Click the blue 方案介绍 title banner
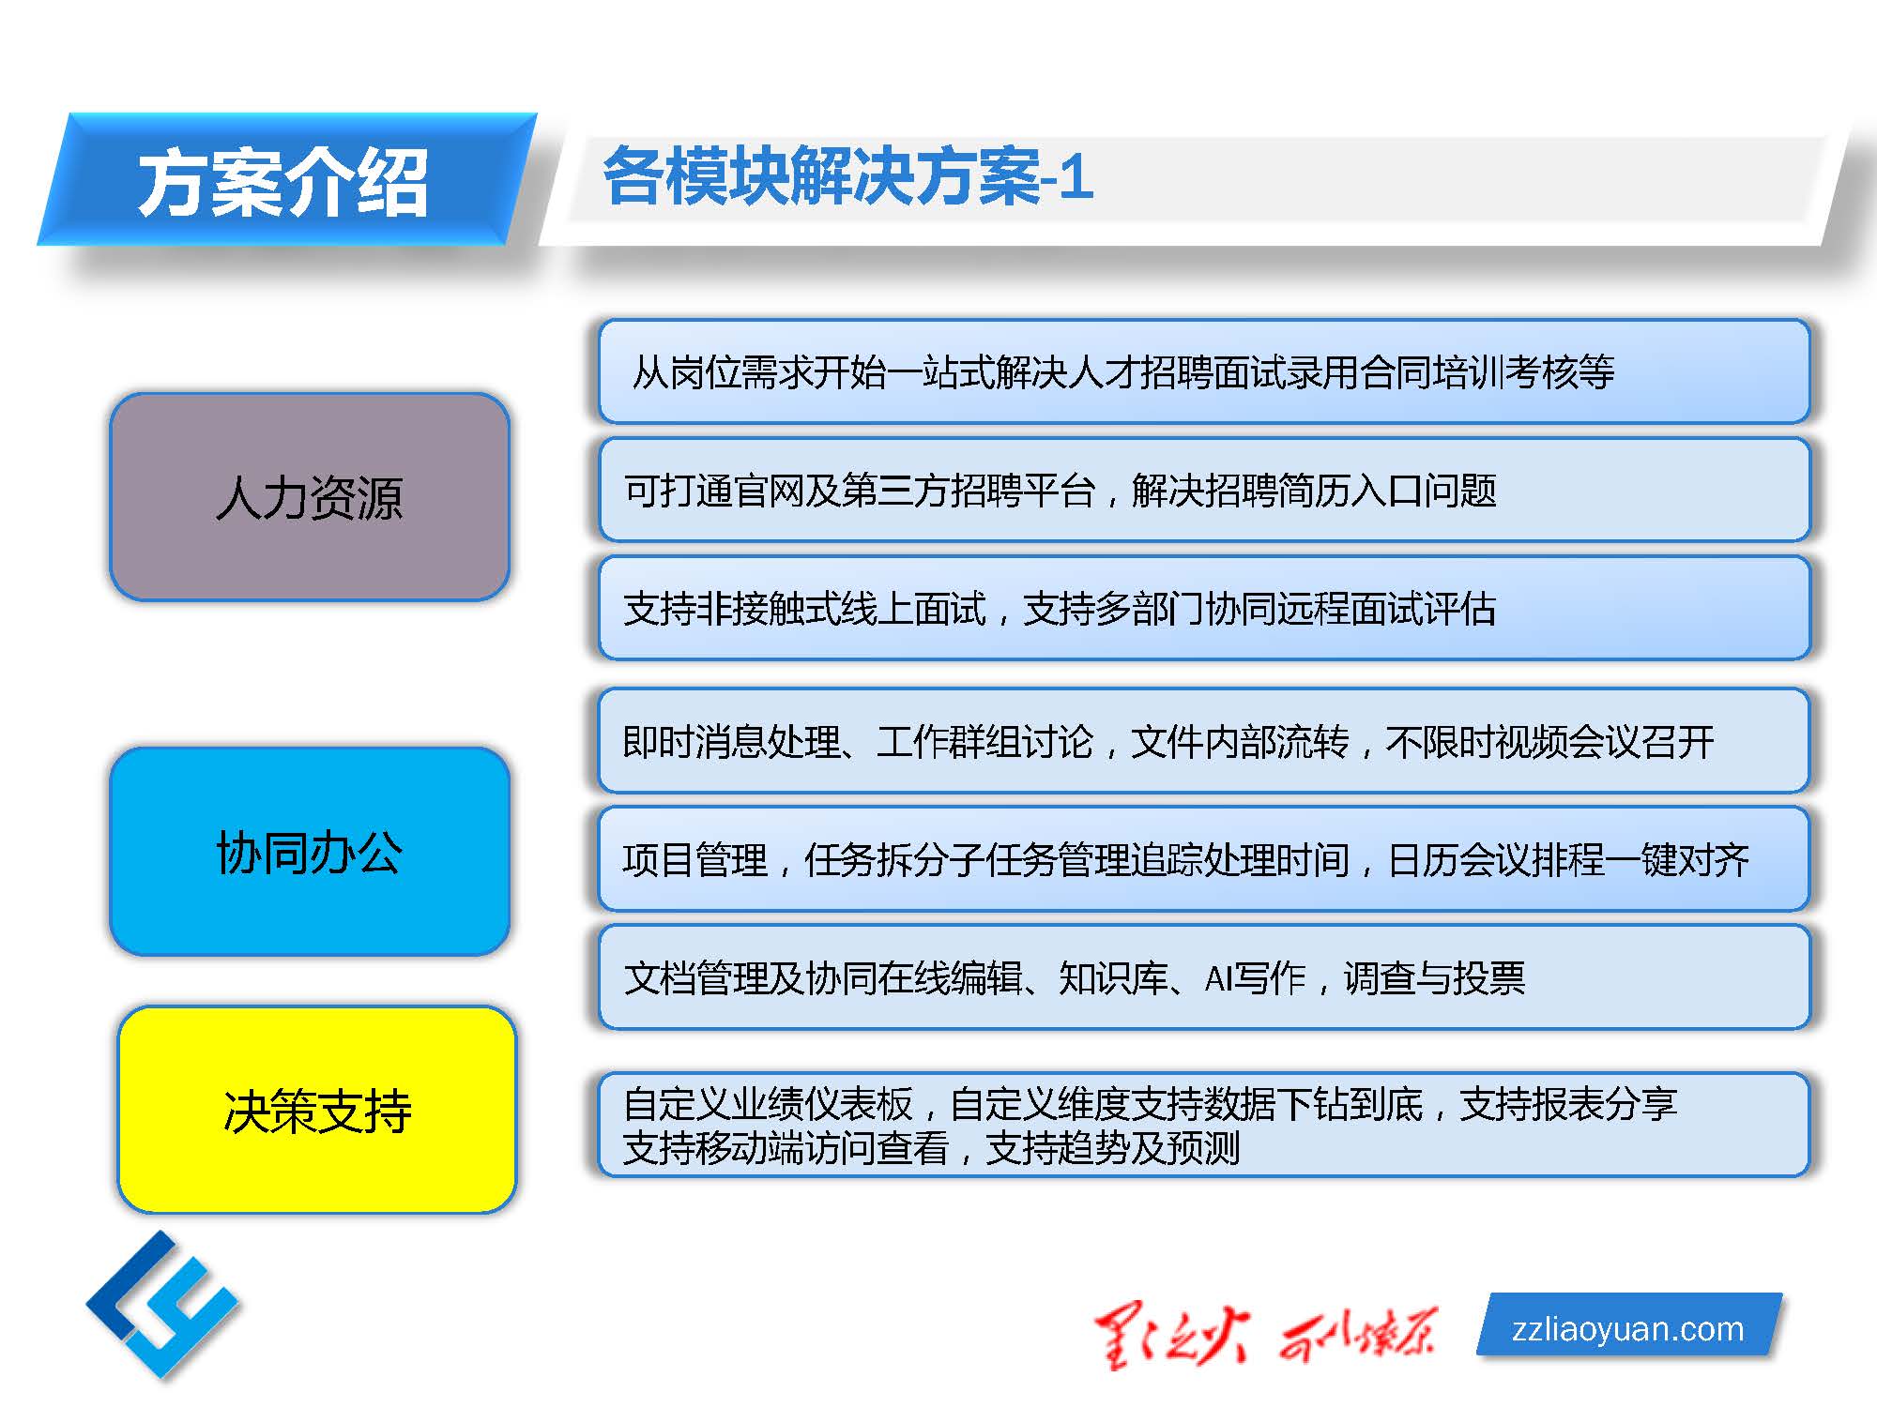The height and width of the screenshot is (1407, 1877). [286, 179]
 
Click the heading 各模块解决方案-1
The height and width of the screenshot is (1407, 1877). [847, 175]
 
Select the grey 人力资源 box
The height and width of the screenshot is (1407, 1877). [310, 496]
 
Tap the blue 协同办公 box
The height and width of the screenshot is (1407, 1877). [310, 852]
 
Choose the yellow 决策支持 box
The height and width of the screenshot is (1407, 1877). [317, 1110]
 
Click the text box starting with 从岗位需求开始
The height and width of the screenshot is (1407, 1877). [1204, 371]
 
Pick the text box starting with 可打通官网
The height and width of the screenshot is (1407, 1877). [1204, 490]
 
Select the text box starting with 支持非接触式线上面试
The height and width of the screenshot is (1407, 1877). [1204, 608]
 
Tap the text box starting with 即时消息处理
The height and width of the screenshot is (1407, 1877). [1204, 741]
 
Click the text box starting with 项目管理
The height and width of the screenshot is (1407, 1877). [1204, 858]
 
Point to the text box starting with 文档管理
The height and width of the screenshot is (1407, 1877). [1204, 976]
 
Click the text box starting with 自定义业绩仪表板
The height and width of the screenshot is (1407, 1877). [1204, 1125]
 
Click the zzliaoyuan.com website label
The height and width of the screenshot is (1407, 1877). [1628, 1327]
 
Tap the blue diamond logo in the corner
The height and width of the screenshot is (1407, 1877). [162, 1305]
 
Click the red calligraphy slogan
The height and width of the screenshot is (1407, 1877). [1265, 1334]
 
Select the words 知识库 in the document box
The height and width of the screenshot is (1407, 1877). [1112, 977]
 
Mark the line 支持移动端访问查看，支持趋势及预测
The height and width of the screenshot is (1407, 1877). [931, 1147]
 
